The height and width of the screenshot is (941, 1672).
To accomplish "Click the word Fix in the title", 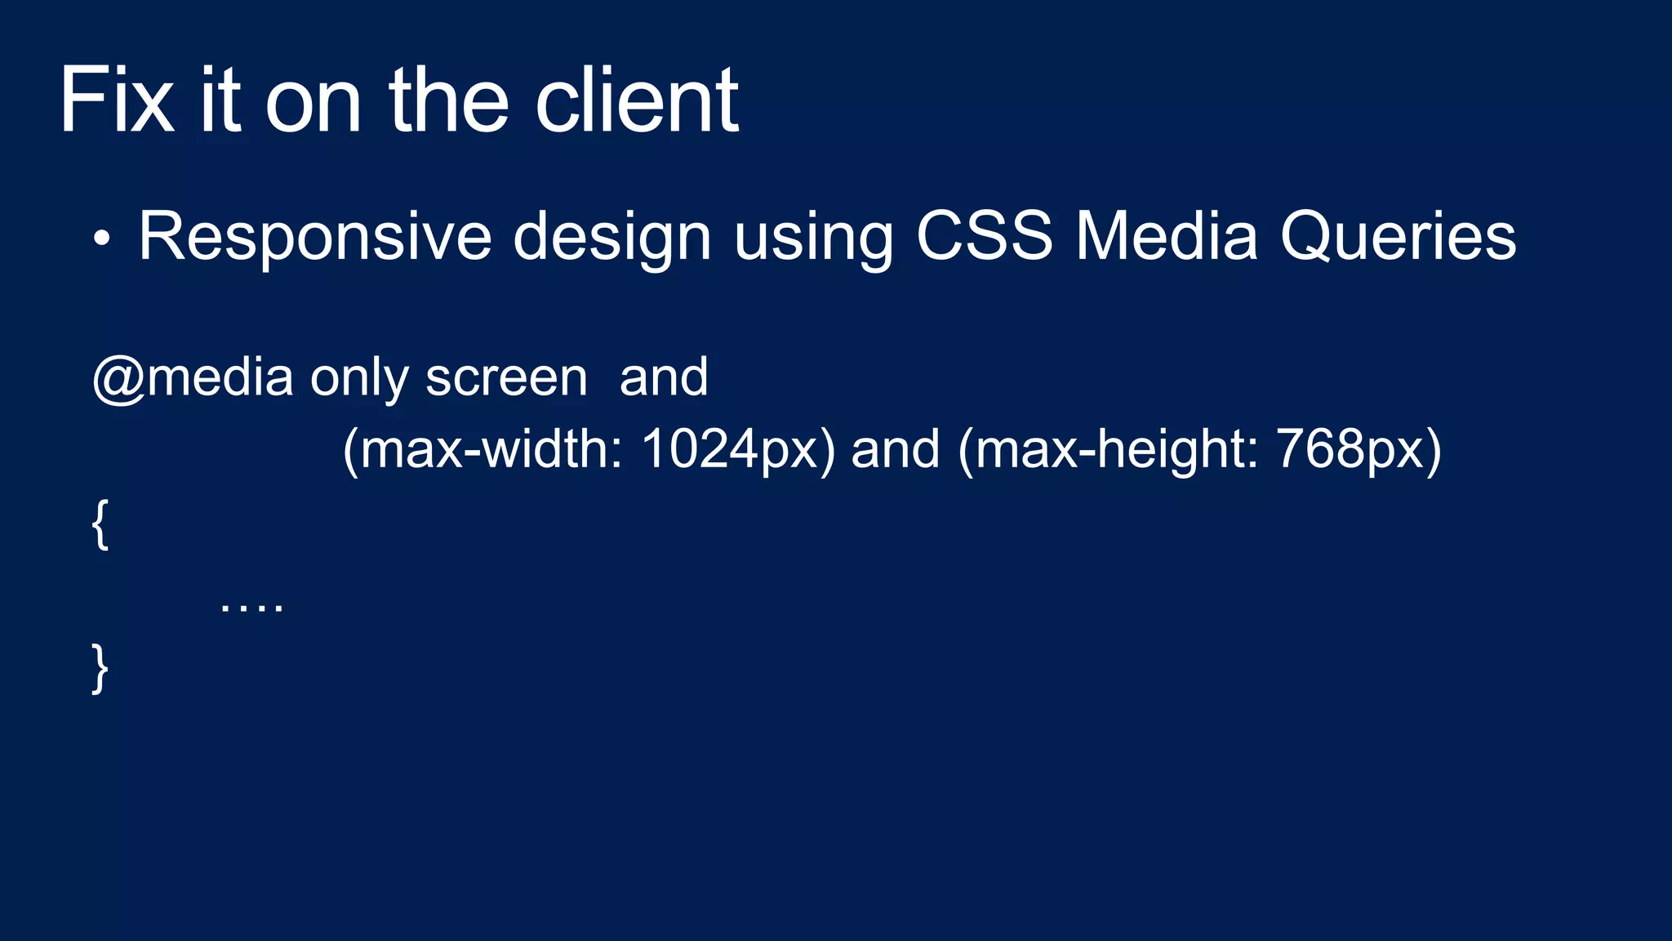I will pos(117,100).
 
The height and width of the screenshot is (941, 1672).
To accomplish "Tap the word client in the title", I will pos(637,100).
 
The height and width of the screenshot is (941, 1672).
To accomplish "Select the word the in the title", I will pos(448,100).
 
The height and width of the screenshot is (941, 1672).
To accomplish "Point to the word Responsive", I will pos(314,237).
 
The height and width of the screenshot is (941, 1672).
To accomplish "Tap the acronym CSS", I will pos(984,237).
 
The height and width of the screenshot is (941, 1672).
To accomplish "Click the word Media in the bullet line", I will pos(1166,237).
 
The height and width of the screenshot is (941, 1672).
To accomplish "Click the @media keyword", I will pos(193,378).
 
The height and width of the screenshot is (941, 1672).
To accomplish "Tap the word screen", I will pos(506,378).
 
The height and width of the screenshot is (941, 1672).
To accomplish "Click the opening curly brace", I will pos(100,524).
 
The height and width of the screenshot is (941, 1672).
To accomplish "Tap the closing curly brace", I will pos(100,668).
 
